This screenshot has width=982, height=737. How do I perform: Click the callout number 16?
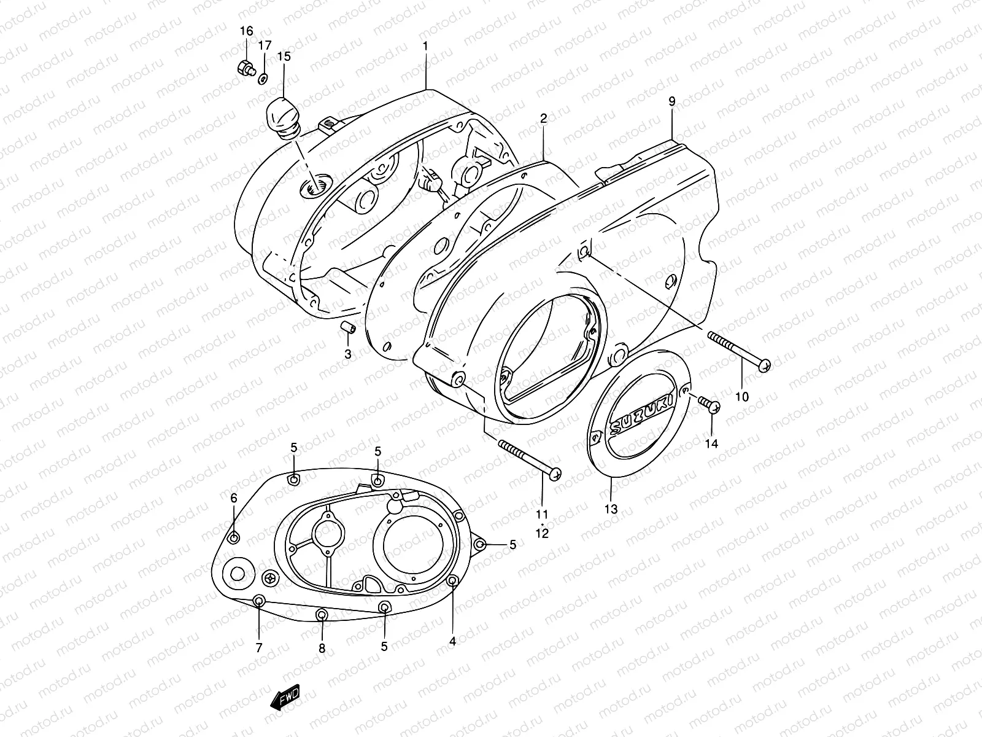(246, 31)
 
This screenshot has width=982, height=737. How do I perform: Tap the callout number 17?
(264, 45)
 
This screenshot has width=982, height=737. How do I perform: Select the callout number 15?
(284, 56)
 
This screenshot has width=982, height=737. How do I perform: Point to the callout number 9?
(672, 101)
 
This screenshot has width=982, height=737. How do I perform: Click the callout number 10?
(741, 397)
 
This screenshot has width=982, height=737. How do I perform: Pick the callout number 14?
(711, 443)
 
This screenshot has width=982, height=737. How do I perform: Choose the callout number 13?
(611, 509)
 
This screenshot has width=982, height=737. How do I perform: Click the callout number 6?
(234, 498)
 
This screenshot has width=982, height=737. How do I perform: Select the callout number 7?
(258, 647)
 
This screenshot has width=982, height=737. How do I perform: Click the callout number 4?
(452, 642)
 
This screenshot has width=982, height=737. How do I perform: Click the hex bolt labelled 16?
(245, 68)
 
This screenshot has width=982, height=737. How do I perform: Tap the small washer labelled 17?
(263, 77)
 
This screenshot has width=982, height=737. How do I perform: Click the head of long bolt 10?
(764, 365)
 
